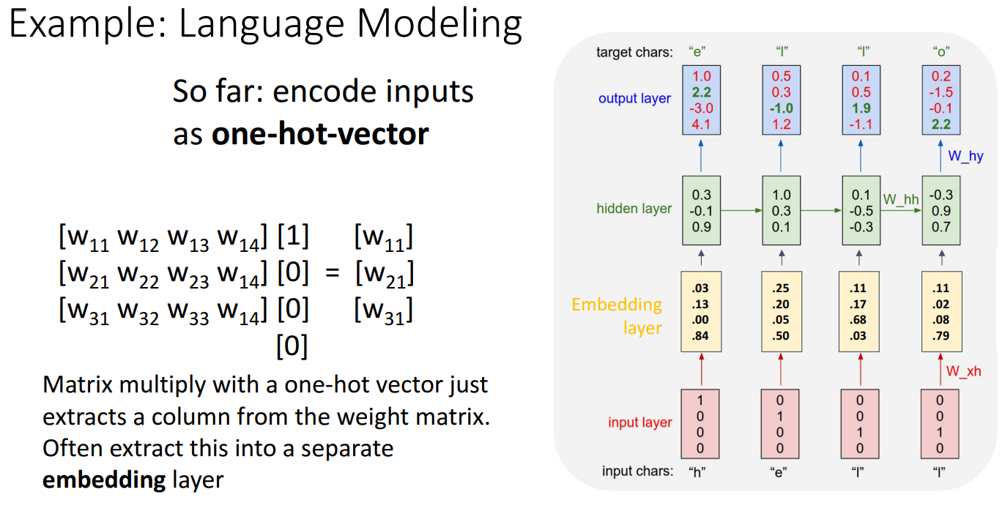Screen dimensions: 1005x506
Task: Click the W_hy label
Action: [x=965, y=155]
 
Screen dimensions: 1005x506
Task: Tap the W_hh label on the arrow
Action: [x=900, y=198]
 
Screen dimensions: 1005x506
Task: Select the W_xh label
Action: [x=963, y=371]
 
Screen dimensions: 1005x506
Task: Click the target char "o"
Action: [x=940, y=51]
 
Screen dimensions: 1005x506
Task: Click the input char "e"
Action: [x=780, y=472]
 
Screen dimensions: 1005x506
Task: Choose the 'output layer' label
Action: [x=634, y=98]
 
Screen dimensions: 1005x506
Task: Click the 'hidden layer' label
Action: [x=634, y=209]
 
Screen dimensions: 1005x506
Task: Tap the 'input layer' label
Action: [x=639, y=423]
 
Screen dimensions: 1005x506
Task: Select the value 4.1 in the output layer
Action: [x=701, y=124]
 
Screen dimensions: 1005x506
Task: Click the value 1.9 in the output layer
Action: [x=861, y=108]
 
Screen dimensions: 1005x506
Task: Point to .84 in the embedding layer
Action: [x=700, y=335]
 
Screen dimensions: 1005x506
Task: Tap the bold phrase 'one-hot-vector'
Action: [x=320, y=134]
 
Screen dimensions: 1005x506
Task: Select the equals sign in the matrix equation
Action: [x=333, y=275]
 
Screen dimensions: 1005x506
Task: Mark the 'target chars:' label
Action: [x=634, y=52]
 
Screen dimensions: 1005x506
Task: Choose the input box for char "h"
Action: [x=700, y=423]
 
